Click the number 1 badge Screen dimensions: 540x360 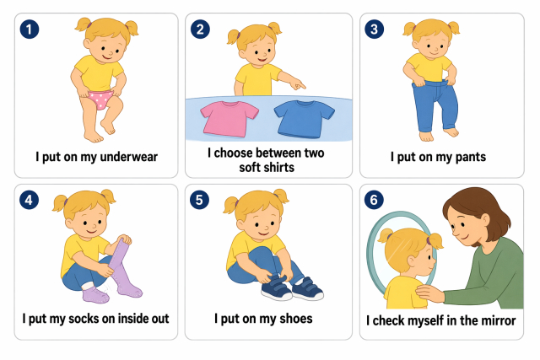pyautogui.click(x=30, y=30)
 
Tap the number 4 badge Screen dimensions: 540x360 pyautogui.click(x=29, y=200)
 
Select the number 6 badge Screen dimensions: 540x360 pyautogui.click(x=374, y=200)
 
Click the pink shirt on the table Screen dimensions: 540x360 pyautogui.click(x=229, y=119)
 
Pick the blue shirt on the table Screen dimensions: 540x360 pyautogui.click(x=304, y=119)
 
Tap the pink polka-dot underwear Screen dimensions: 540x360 pyautogui.click(x=100, y=99)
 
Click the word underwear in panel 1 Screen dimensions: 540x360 pyautogui.click(x=128, y=157)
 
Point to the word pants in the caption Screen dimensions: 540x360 pyautogui.click(x=471, y=158)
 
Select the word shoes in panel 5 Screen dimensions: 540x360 pyautogui.click(x=296, y=319)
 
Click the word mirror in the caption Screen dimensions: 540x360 pyautogui.click(x=498, y=320)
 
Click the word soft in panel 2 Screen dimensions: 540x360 pyautogui.click(x=250, y=168)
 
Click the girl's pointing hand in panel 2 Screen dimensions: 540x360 pyautogui.click(x=296, y=84)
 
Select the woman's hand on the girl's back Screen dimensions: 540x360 pyautogui.click(x=429, y=293)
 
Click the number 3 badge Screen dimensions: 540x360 pyautogui.click(x=375, y=30)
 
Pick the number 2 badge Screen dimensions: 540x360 pyautogui.click(x=200, y=30)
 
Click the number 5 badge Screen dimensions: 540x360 pyautogui.click(x=199, y=200)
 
